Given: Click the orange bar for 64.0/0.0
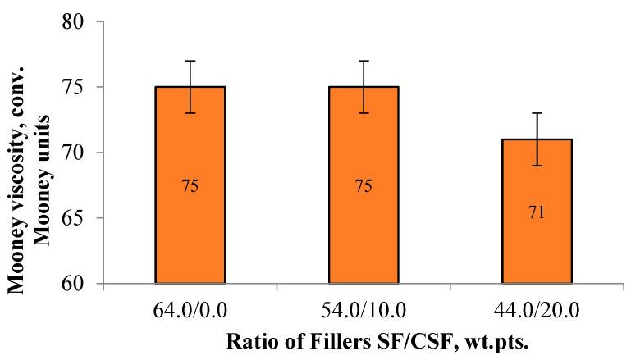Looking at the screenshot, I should point(190,185).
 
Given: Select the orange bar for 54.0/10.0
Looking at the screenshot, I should point(364,185).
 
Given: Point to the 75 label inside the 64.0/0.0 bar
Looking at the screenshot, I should point(190,186).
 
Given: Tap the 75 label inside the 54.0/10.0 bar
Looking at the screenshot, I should point(364,186).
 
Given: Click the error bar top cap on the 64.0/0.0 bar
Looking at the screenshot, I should point(190,61).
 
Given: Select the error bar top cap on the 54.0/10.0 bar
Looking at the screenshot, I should point(364,61).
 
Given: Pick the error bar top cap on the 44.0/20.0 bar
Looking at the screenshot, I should point(537,113).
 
